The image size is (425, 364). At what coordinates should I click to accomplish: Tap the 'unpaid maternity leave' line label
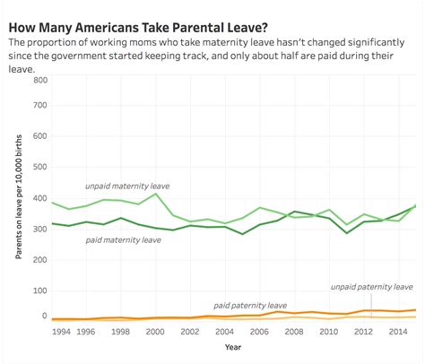pyautogui.click(x=126, y=186)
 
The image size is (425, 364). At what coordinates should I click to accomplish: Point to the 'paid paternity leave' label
pyautogui.click(x=250, y=305)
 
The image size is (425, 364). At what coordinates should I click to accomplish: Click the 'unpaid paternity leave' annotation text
pyautogui.click(x=371, y=287)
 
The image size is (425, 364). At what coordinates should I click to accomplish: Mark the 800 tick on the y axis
pyautogui.click(x=39, y=80)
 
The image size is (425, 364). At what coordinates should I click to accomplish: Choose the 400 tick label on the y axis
pyautogui.click(x=39, y=198)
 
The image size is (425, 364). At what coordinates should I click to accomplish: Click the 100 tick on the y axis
pyautogui.click(x=39, y=287)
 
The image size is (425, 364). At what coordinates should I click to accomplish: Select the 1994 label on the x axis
pyautogui.click(x=62, y=331)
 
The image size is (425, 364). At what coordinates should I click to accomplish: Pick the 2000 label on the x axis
pyautogui.click(x=156, y=331)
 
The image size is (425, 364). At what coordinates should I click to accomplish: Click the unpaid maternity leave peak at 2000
pyautogui.click(x=156, y=194)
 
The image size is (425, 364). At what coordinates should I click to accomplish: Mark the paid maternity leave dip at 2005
pyautogui.click(x=242, y=234)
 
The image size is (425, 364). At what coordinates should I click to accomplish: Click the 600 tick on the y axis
pyautogui.click(x=39, y=139)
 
